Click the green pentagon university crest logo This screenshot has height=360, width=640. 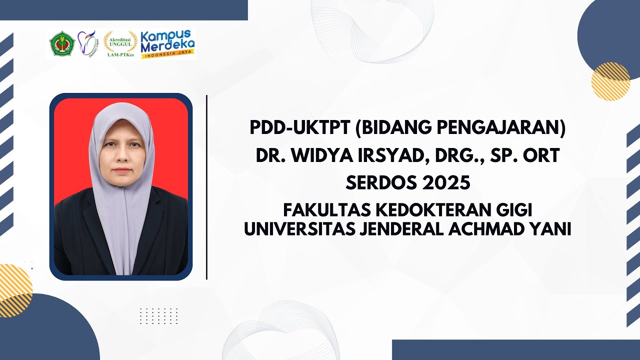(x=62, y=43)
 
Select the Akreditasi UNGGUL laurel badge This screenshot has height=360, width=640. (x=120, y=43)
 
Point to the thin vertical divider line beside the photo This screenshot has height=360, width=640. (x=206, y=187)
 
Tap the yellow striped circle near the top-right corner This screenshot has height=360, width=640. (x=610, y=81)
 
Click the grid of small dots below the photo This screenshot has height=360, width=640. (x=158, y=316)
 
